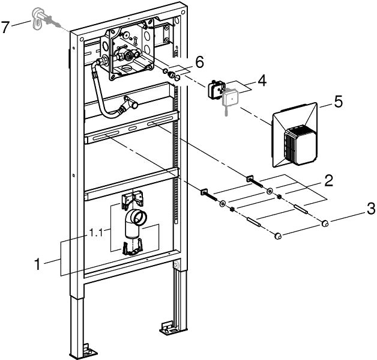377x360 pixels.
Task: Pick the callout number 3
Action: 372,210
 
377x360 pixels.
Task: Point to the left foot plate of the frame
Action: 88,348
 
